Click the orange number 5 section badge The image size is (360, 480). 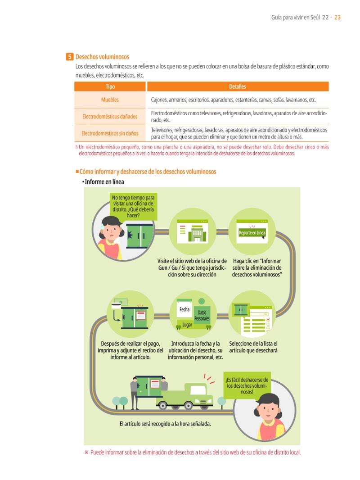click(x=69, y=57)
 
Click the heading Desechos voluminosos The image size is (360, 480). click(x=102, y=57)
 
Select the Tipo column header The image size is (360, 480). click(x=110, y=86)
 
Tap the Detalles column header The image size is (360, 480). click(x=238, y=86)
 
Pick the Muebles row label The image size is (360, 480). click(x=110, y=100)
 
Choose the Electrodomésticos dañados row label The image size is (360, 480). click(x=110, y=116)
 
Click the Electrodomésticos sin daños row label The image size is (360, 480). click(x=110, y=133)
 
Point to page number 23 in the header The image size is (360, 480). click(x=337, y=18)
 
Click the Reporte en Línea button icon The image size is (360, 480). click(x=252, y=233)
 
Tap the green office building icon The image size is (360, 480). click(x=197, y=234)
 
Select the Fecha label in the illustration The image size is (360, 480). click(x=184, y=309)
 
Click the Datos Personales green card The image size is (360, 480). click(x=202, y=315)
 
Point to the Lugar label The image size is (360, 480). click(x=187, y=325)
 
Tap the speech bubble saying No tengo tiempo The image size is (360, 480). click(x=133, y=206)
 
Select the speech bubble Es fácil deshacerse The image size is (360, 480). click(x=247, y=386)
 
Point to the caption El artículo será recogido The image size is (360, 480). click(x=165, y=424)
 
